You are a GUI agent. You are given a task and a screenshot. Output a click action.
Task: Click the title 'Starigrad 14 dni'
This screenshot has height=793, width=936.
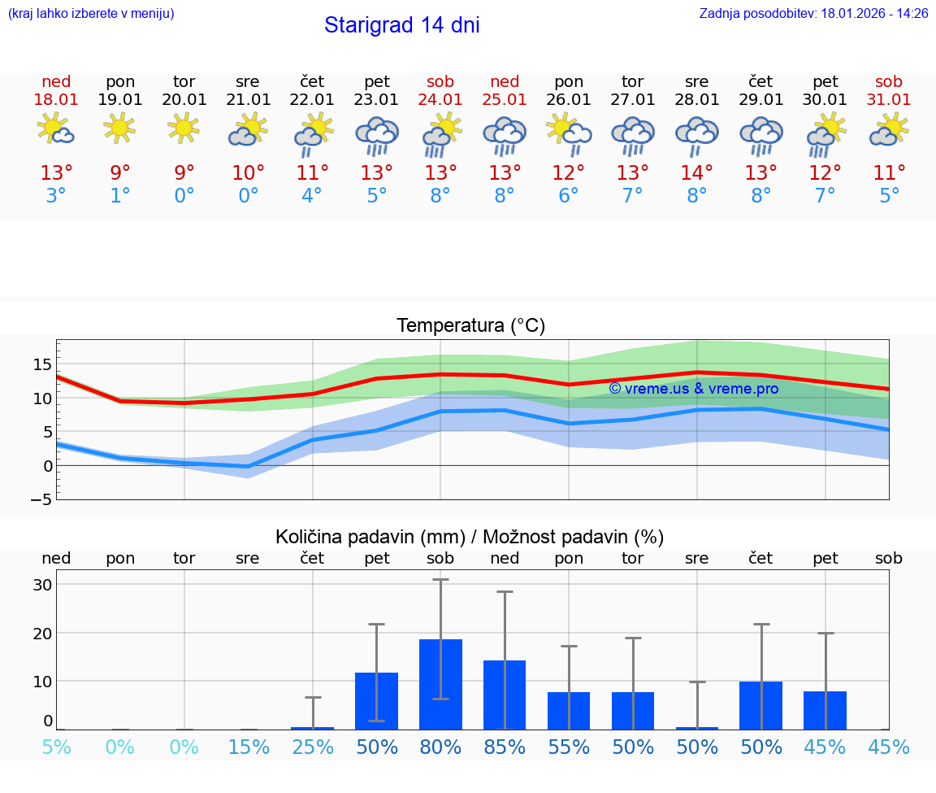401,25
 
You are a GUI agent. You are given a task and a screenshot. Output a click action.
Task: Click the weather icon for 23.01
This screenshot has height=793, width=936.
376,136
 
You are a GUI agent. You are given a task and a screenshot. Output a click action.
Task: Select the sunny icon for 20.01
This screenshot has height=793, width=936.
184,128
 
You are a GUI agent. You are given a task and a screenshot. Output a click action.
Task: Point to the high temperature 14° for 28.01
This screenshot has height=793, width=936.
696,173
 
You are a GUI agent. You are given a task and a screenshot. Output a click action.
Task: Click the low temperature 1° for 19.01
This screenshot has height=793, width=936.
120,196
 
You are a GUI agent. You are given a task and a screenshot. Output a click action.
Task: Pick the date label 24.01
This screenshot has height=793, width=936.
440,100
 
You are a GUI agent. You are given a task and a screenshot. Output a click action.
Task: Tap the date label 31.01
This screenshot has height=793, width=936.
889,100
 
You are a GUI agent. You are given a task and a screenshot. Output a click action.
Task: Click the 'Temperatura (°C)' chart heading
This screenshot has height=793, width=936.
470,326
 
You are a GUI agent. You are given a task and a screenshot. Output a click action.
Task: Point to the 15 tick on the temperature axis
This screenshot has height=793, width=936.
42,364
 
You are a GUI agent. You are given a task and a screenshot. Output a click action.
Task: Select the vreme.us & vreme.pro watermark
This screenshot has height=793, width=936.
693,389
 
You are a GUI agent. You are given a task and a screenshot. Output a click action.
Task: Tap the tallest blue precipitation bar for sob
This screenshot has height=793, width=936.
440,684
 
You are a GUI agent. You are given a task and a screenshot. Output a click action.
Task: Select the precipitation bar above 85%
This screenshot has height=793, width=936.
505,695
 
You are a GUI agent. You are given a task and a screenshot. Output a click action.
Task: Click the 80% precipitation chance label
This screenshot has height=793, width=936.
440,747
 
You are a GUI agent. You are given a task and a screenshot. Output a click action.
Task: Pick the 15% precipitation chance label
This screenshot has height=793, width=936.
248,747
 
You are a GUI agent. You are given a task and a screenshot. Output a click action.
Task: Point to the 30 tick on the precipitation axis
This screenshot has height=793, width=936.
42,585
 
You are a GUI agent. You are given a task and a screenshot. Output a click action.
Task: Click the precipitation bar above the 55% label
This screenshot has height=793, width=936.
569,710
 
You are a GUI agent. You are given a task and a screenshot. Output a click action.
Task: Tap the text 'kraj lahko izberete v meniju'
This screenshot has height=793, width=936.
91,14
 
